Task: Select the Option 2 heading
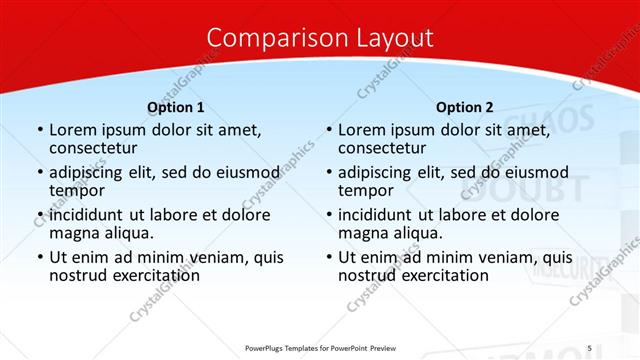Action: (465, 107)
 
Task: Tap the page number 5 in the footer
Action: (589, 347)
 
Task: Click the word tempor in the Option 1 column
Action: (77, 190)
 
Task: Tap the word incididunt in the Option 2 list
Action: (383, 215)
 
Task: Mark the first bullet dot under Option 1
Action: (40, 130)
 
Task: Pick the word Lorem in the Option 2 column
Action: (362, 129)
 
